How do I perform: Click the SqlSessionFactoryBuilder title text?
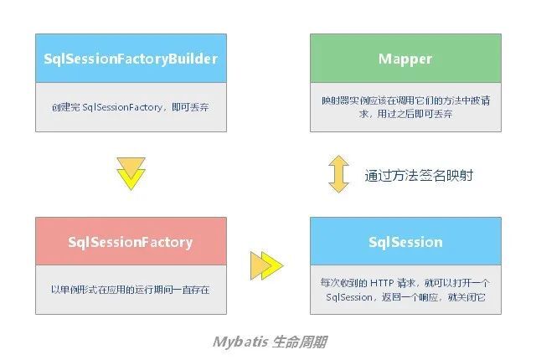click(x=131, y=59)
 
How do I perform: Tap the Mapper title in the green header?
click(x=405, y=59)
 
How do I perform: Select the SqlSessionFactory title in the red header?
click(x=131, y=242)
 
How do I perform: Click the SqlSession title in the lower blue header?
click(x=405, y=242)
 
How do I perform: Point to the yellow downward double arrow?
click(x=131, y=173)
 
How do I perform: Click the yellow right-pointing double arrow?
click(x=267, y=265)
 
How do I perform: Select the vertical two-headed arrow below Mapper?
click(x=338, y=174)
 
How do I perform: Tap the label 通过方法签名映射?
click(x=419, y=175)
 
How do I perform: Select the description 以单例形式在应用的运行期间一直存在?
click(x=131, y=290)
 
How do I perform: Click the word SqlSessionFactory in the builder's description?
click(x=122, y=107)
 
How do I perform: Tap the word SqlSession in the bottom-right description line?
click(x=349, y=297)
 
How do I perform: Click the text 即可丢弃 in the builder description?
click(x=190, y=107)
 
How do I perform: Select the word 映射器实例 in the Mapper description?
click(x=345, y=100)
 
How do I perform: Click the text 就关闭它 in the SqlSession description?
click(x=466, y=297)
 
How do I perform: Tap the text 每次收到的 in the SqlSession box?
click(x=344, y=283)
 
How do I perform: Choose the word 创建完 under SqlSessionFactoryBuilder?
click(x=66, y=107)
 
